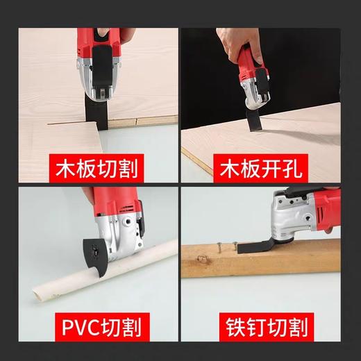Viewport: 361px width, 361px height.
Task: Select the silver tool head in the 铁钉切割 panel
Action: point(285,219)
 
